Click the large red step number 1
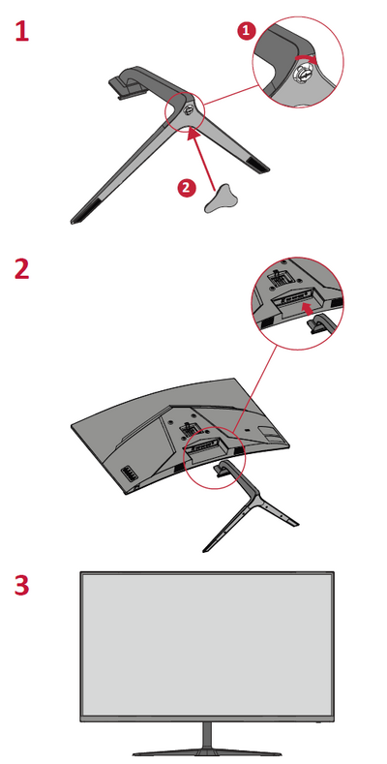22,31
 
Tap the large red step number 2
22,269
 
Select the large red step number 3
22,586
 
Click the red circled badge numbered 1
247,31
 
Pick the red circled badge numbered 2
187,188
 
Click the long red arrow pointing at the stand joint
203,159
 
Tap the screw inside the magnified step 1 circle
302,75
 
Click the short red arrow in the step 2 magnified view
307,309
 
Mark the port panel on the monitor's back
129,473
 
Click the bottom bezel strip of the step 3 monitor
207,718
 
